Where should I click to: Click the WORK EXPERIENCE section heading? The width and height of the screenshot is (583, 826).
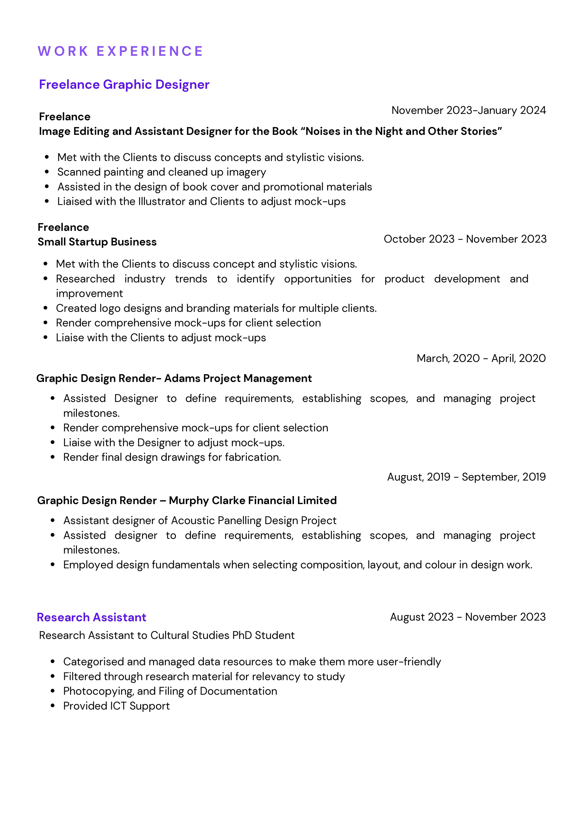pyautogui.click(x=121, y=51)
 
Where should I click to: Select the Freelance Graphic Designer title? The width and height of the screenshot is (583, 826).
pyautogui.click(x=124, y=84)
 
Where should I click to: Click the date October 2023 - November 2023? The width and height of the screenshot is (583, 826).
pyautogui.click(x=465, y=239)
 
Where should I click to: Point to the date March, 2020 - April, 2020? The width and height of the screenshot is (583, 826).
pyautogui.click(x=481, y=358)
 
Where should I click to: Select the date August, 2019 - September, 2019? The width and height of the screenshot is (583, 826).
pyautogui.click(x=466, y=477)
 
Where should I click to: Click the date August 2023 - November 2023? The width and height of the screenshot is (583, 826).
pyautogui.click(x=468, y=617)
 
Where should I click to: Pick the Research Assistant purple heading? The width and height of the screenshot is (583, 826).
pyautogui.click(x=91, y=617)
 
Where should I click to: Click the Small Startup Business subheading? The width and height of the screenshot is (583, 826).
pyautogui.click(x=97, y=242)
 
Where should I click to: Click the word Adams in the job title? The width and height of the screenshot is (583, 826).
pyautogui.click(x=182, y=378)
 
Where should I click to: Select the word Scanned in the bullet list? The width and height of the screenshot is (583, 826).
pyautogui.click(x=79, y=172)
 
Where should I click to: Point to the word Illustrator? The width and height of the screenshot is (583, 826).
pyautogui.click(x=162, y=201)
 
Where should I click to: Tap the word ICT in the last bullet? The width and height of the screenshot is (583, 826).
pyautogui.click(x=118, y=706)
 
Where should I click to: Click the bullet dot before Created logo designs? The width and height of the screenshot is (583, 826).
pyautogui.click(x=45, y=308)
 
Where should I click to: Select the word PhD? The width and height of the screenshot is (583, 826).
pyautogui.click(x=242, y=635)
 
